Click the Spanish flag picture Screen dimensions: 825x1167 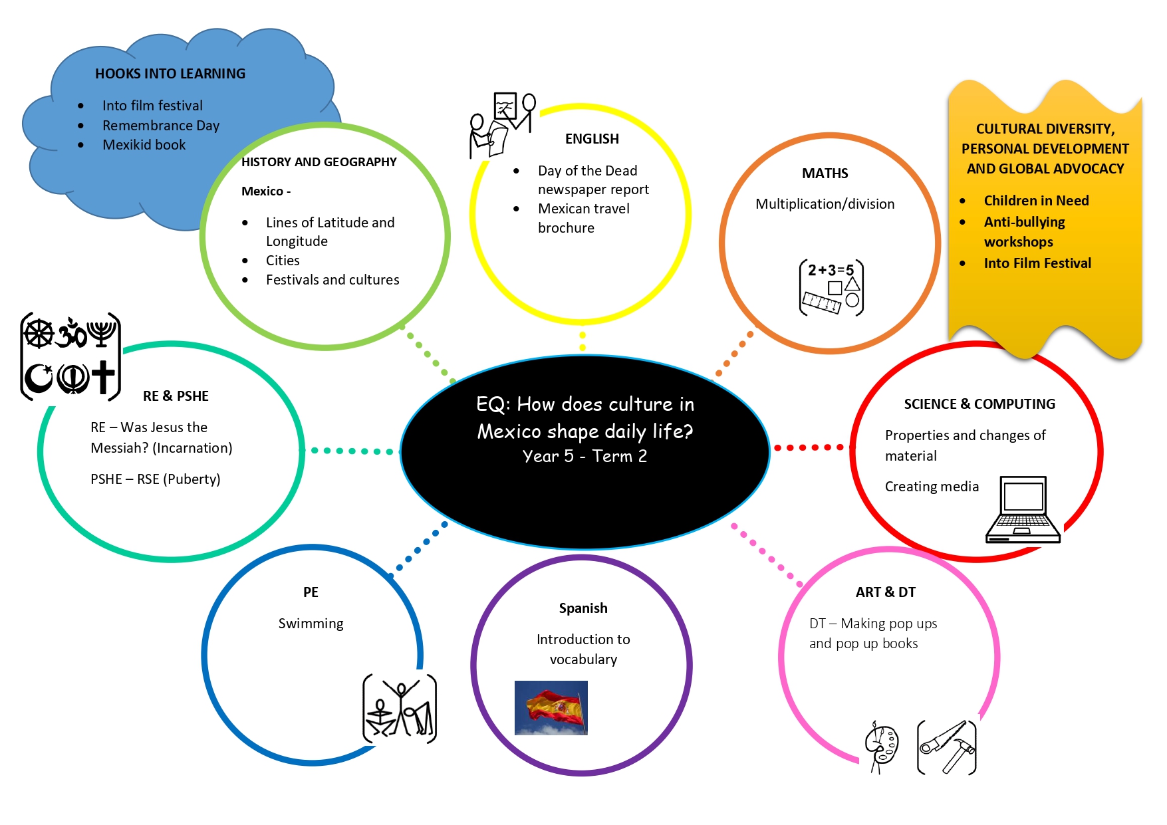point(551,707)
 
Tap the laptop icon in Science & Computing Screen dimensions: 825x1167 point(1023,510)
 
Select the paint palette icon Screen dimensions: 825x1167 point(881,747)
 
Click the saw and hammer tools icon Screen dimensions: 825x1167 point(946,747)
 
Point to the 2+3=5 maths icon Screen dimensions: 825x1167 point(831,287)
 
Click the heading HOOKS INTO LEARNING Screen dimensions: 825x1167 point(170,74)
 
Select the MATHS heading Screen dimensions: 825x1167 point(825,174)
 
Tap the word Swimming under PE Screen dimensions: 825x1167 point(311,624)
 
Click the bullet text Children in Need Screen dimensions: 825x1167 point(1036,201)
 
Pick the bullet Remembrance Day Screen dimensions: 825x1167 point(161,126)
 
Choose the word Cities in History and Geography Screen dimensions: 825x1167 point(283,261)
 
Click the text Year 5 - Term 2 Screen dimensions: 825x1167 point(584,456)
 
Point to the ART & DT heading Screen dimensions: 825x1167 point(885,592)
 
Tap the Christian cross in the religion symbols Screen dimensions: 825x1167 point(103,377)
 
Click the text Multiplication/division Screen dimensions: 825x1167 point(825,204)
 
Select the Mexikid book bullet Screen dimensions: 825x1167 point(144,145)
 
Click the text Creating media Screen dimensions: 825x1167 point(932,487)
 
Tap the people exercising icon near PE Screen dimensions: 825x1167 point(399,709)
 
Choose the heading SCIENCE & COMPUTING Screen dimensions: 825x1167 point(979,404)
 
